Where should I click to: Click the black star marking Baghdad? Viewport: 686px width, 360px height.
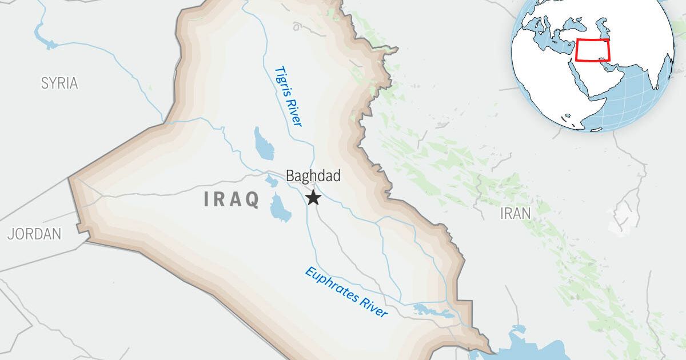(x=313, y=198)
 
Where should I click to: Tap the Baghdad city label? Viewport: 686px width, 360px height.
(x=313, y=175)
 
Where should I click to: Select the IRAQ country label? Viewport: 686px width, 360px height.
(x=232, y=199)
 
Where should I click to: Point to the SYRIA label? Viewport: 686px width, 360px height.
(x=59, y=83)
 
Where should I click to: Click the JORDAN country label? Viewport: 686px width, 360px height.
(x=34, y=233)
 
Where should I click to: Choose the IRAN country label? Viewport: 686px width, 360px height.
(x=515, y=213)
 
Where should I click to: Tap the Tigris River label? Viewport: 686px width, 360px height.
(x=288, y=96)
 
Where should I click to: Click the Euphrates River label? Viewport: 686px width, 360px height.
(x=346, y=292)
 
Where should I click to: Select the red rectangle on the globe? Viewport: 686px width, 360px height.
(x=593, y=50)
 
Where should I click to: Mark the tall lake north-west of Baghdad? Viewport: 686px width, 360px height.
(x=264, y=143)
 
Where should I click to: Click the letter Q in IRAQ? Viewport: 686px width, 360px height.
(x=252, y=199)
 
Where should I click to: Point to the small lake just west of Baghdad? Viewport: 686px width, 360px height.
(x=270, y=182)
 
